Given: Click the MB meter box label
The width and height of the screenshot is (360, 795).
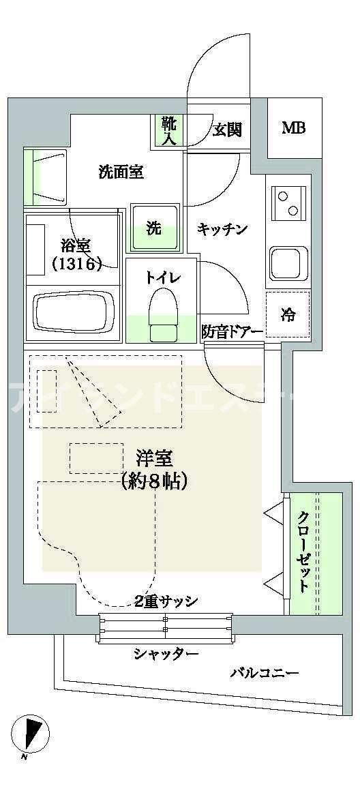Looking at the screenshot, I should tap(294, 127).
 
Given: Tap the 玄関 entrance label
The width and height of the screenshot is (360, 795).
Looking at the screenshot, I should tap(227, 129).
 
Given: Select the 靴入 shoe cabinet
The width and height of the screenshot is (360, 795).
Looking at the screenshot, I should tap(168, 131).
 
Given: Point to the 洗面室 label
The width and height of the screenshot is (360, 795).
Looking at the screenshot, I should tap(121, 172).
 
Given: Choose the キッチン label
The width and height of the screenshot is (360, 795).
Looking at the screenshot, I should tap(222, 229).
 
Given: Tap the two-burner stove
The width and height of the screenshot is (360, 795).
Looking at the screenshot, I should tap(288, 202).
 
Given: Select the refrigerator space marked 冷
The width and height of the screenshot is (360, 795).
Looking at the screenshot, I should tap(288, 315).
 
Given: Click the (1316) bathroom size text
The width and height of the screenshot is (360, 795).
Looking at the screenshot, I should tap(76, 263).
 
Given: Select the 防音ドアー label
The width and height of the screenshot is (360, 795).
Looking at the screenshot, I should tap(232, 332).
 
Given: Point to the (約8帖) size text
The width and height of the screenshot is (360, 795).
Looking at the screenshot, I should tap(154, 481).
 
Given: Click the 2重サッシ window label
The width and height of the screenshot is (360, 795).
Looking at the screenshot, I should tap(166, 601).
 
